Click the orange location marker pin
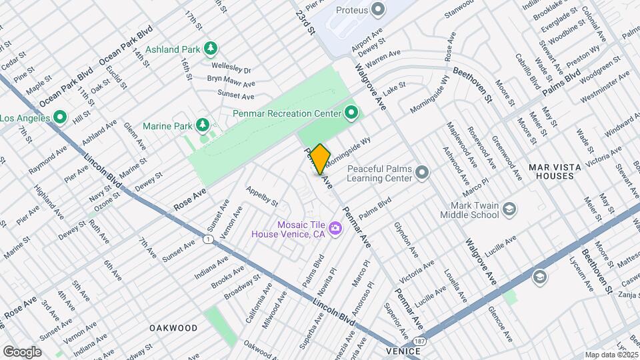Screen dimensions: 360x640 [x=320, y=159]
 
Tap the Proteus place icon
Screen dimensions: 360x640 [x=379, y=9]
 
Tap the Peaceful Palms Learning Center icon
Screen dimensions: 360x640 [x=421, y=173]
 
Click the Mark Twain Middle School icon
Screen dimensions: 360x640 [x=509, y=209]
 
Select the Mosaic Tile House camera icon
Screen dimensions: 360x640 [x=335, y=228]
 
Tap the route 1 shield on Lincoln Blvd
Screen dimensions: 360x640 [x=209, y=239]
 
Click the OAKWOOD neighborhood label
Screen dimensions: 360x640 [x=173, y=328]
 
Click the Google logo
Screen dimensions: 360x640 [x=22, y=351]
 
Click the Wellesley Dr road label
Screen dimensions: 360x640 [x=231, y=69]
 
